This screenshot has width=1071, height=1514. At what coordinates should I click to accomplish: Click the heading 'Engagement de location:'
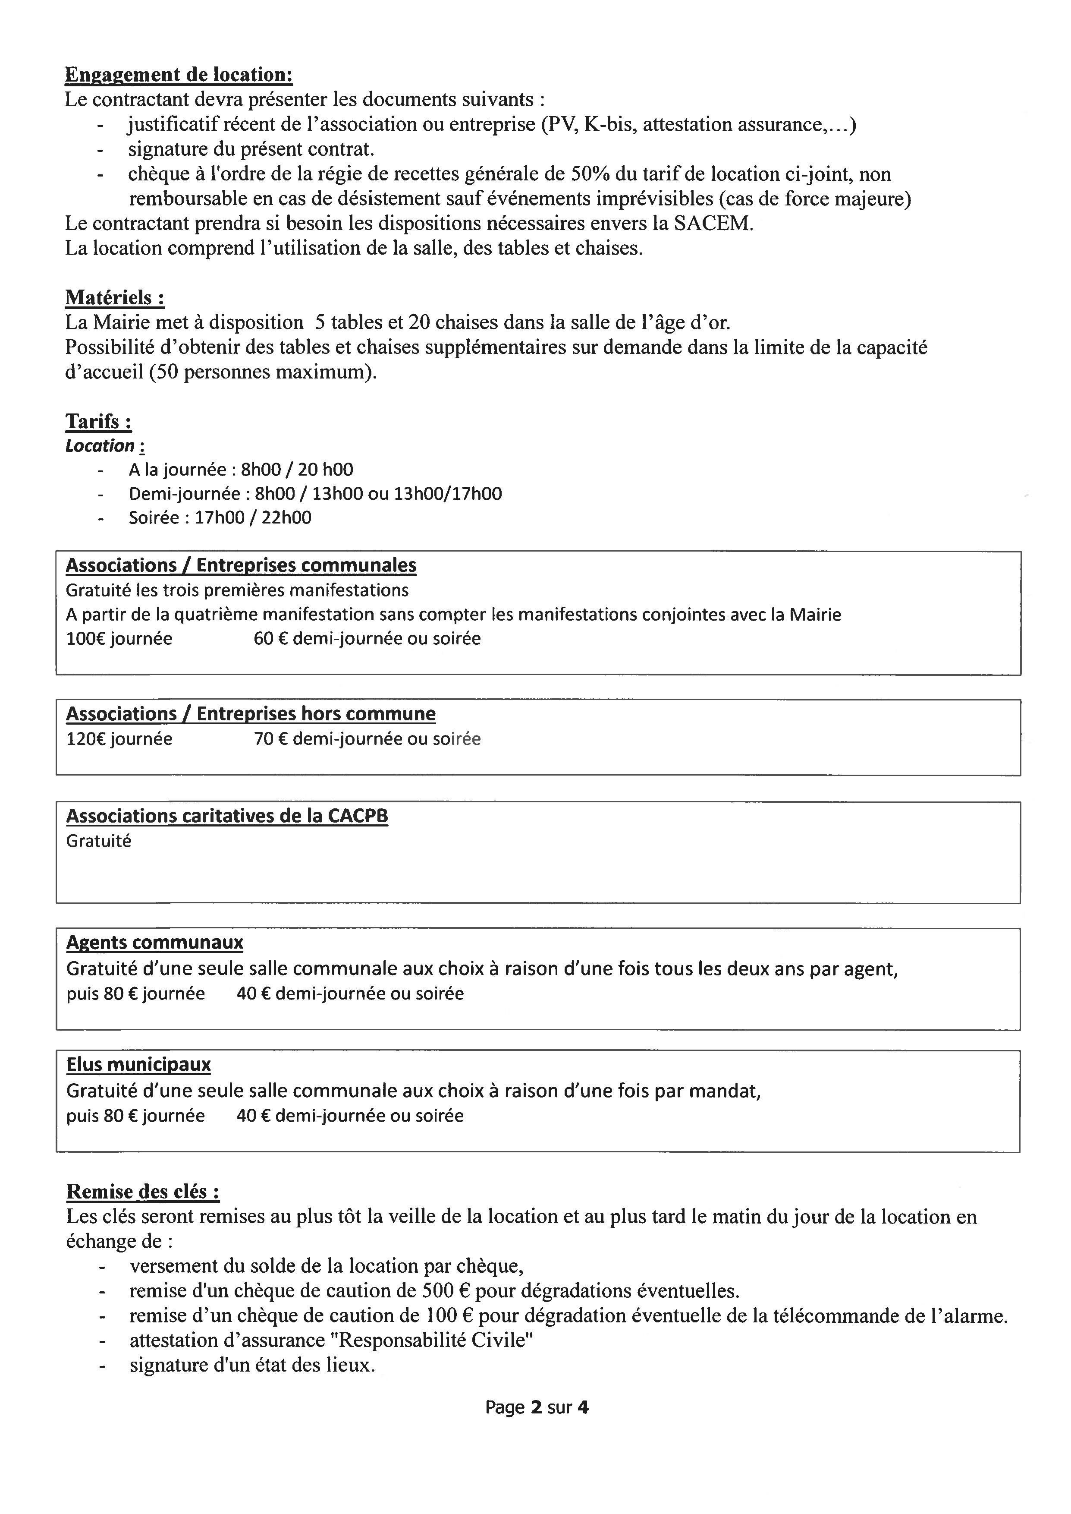click(179, 75)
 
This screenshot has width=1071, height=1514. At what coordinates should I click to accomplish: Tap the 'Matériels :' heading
click(115, 298)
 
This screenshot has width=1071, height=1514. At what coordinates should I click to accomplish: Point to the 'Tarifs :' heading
click(98, 422)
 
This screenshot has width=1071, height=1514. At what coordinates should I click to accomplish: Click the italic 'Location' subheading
click(100, 446)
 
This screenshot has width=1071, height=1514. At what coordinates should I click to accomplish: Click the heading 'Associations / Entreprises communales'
click(241, 565)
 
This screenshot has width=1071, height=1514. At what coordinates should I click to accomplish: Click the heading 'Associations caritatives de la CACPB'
click(227, 816)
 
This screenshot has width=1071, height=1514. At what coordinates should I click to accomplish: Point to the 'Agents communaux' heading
click(154, 943)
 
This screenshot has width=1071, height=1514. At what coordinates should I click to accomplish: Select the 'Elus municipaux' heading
click(138, 1065)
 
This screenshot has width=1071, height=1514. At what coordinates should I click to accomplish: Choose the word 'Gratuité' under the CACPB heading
click(99, 841)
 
